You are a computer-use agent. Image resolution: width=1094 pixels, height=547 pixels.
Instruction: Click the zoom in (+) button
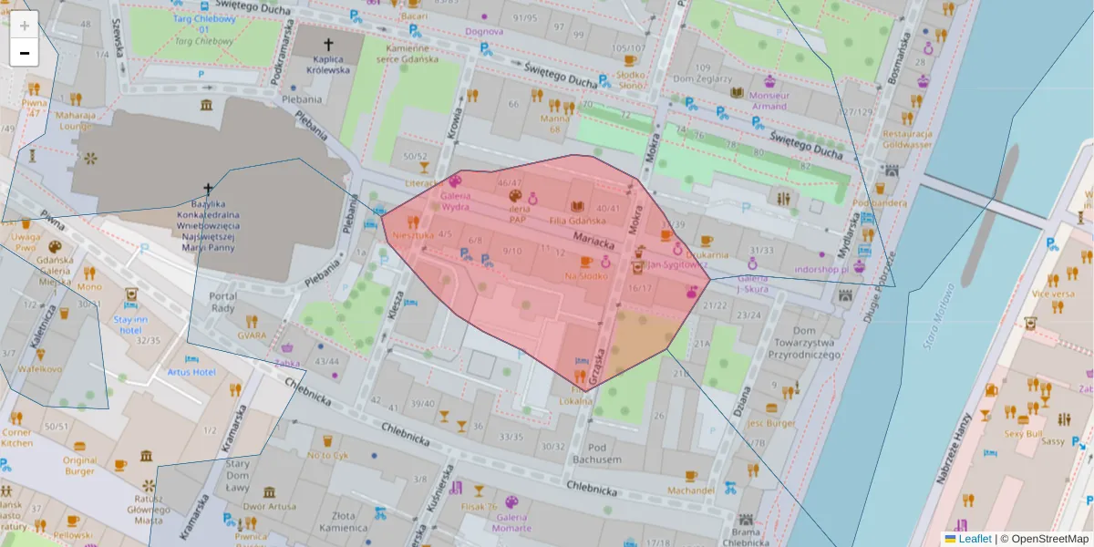(24, 25)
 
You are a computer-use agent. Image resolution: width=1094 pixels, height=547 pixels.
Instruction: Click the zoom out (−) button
(24, 53)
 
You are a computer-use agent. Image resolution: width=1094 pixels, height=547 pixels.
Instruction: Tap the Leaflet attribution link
(974, 539)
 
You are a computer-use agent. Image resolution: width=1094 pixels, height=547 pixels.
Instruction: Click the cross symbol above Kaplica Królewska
(328, 44)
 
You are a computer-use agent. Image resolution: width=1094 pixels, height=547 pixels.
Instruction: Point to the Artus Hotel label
(191, 372)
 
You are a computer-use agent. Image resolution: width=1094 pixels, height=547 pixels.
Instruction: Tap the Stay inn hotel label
(130, 325)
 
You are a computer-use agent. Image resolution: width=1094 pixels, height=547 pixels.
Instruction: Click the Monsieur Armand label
(769, 100)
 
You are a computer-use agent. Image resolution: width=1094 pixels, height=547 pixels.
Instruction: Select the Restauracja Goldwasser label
(906, 139)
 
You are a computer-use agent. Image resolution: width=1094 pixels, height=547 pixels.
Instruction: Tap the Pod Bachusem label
(597, 453)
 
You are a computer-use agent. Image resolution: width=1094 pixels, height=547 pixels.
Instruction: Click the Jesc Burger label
(771, 423)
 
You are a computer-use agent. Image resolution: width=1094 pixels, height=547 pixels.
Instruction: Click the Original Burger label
(79, 466)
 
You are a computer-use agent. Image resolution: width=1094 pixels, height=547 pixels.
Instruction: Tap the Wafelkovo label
(40, 369)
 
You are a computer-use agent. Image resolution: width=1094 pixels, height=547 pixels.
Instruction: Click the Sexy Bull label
(1024, 435)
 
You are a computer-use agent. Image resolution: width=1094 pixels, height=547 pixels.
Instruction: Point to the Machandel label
(690, 490)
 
